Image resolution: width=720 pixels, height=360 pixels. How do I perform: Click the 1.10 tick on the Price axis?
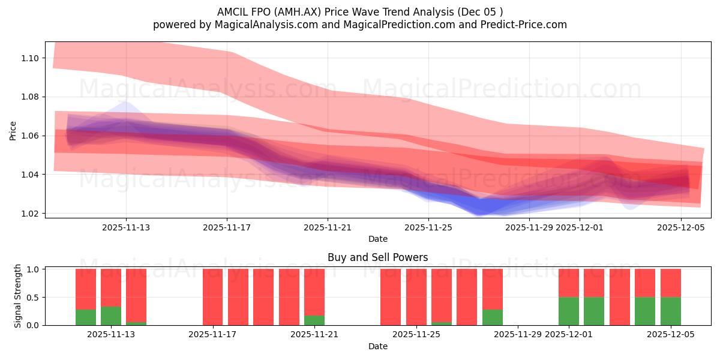click(31, 58)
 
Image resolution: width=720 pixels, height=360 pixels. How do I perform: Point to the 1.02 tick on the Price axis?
click(31, 214)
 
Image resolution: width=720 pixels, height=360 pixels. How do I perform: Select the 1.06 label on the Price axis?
click(31, 136)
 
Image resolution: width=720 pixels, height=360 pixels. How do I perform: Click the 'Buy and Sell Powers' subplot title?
click(377, 257)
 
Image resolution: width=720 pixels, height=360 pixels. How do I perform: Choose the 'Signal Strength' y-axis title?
click(18, 296)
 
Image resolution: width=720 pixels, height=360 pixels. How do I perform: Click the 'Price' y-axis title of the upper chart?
click(13, 130)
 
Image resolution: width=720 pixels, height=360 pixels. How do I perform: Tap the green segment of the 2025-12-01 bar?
click(568, 311)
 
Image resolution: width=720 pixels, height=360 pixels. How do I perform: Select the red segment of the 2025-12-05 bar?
click(670, 283)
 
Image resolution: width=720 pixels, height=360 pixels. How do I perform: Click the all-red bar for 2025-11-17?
click(213, 297)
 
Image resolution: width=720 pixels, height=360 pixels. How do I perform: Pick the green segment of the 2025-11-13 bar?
click(111, 316)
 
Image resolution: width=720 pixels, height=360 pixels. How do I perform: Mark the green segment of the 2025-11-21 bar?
click(314, 320)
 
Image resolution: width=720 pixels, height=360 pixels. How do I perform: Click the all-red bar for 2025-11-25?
click(416, 297)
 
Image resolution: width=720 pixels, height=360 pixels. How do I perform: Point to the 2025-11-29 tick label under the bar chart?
click(517, 334)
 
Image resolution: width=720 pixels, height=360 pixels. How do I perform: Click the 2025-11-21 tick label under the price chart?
click(328, 227)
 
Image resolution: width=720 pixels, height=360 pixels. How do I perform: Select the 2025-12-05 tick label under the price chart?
click(680, 227)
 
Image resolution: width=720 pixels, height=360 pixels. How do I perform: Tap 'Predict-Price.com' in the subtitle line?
click(527, 25)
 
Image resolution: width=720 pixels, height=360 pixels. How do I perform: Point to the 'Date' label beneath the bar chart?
click(377, 346)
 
